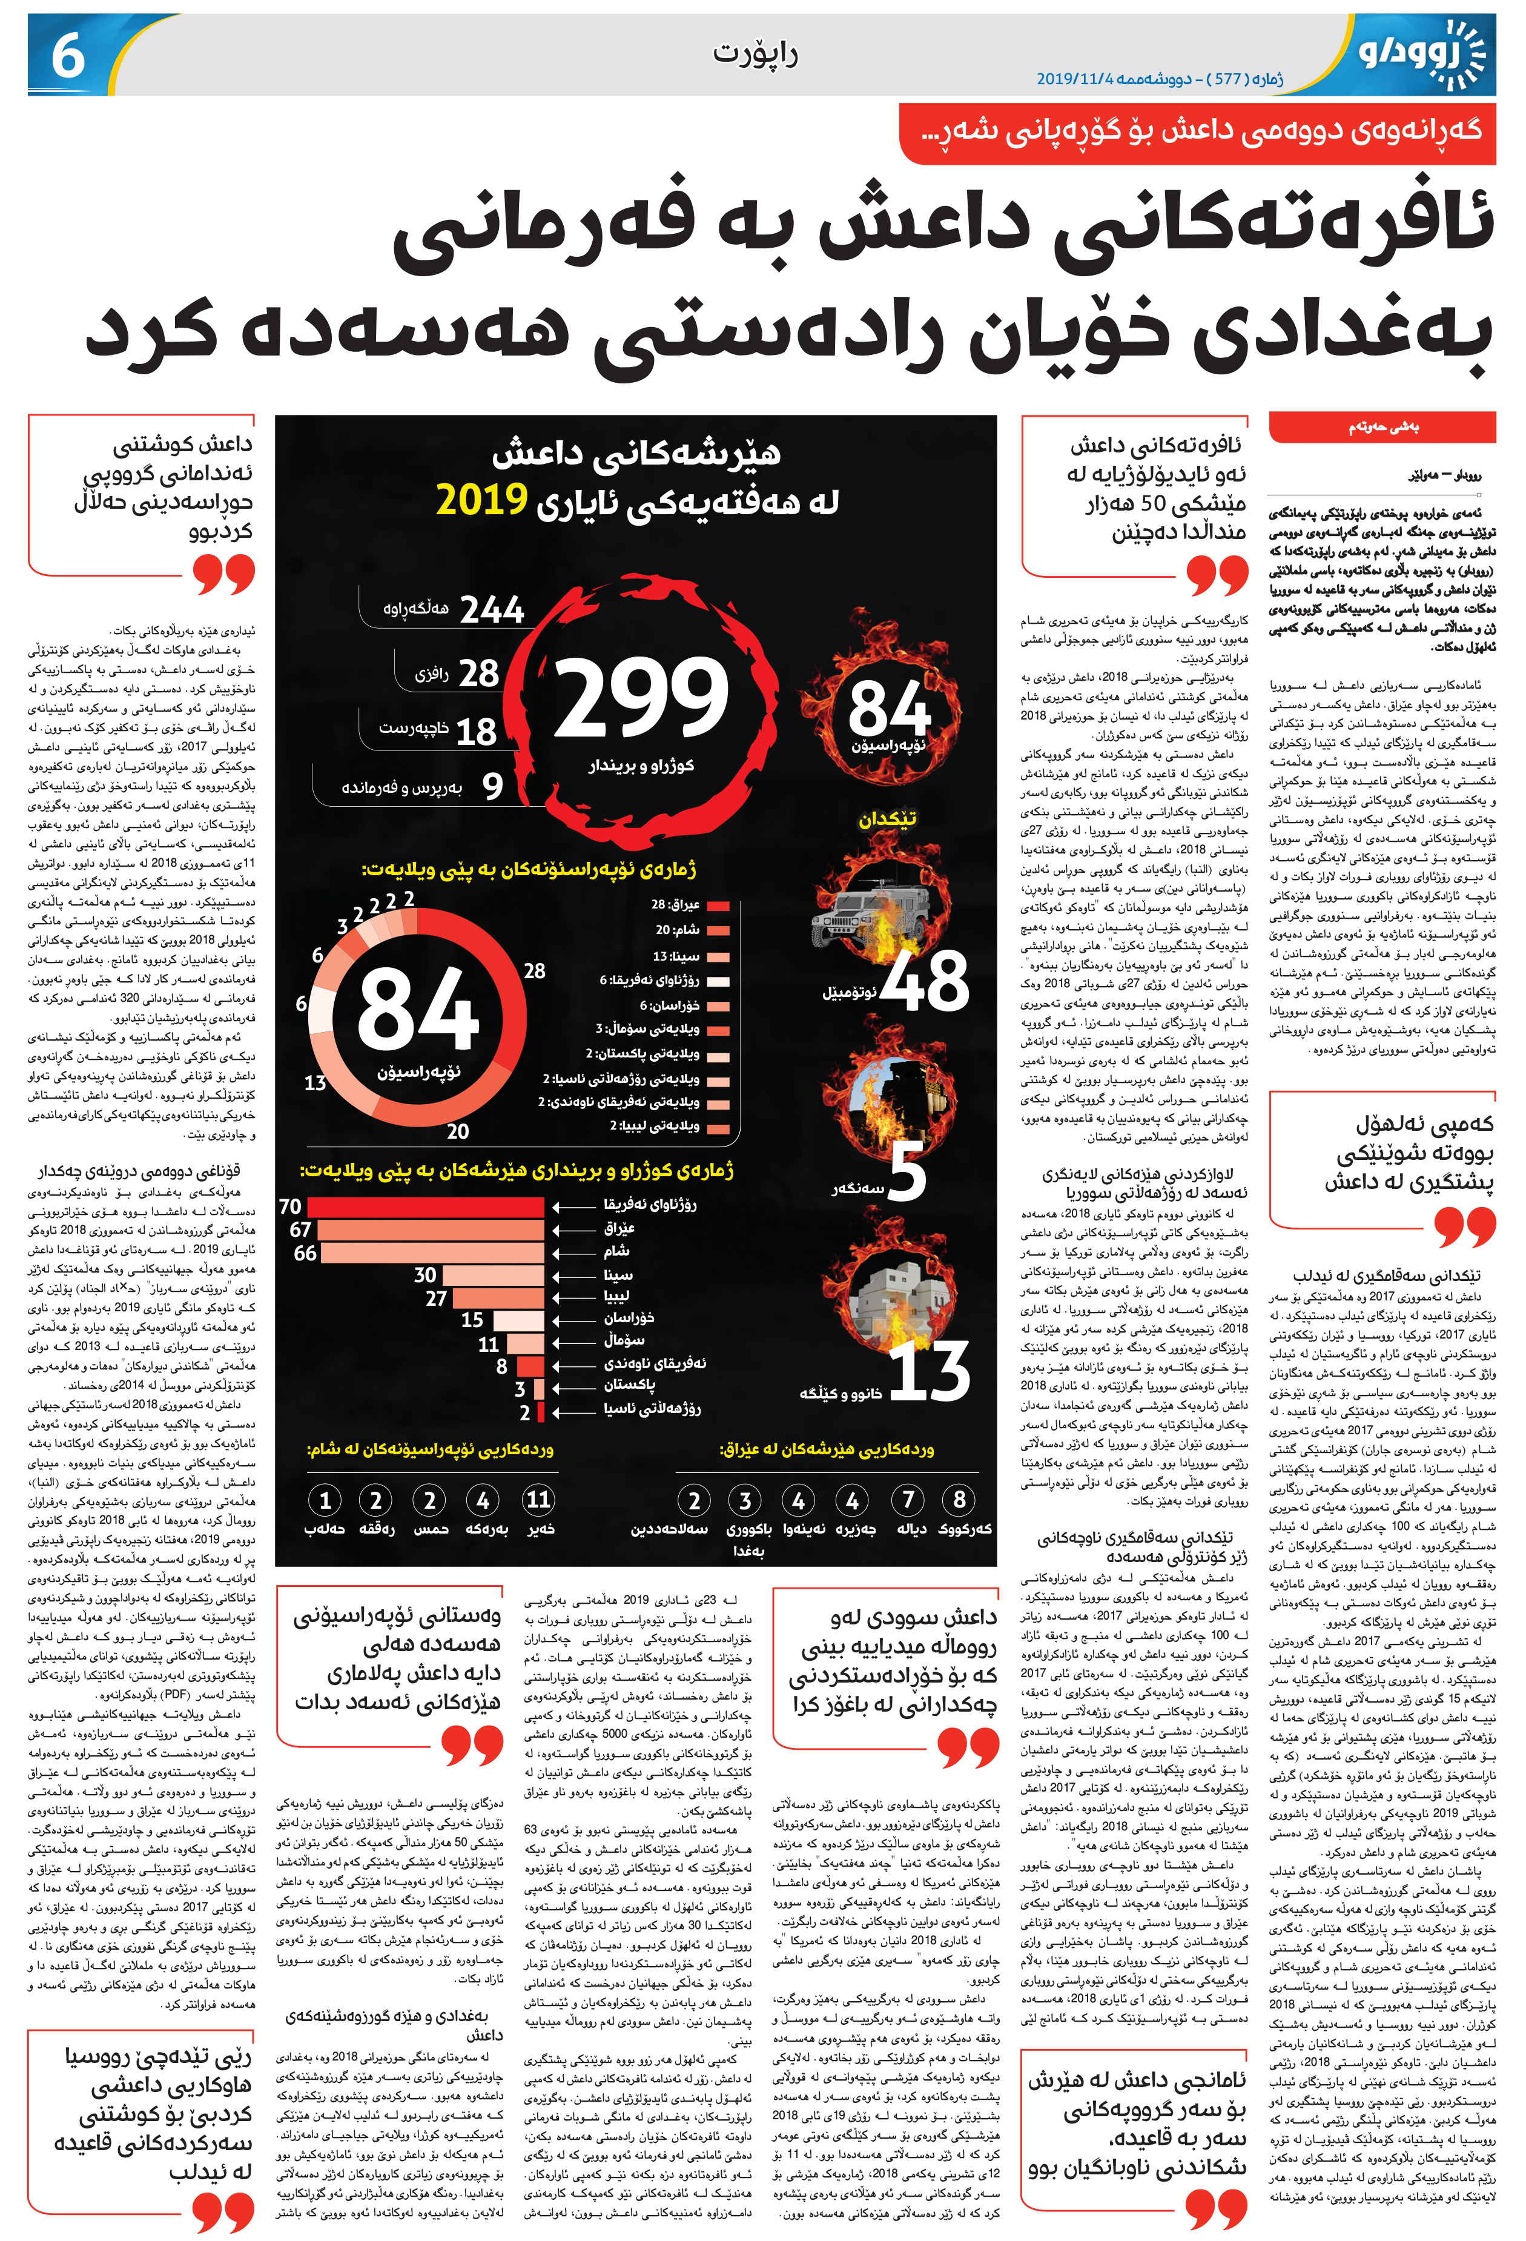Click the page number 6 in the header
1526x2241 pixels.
[67, 56]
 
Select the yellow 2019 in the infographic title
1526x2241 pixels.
[481, 500]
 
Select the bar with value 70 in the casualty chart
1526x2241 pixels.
[426, 1207]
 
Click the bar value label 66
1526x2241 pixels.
[305, 1253]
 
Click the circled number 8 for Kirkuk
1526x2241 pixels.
[959, 1500]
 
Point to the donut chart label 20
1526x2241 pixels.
[458, 1131]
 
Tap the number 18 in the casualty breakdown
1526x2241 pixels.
[476, 732]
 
